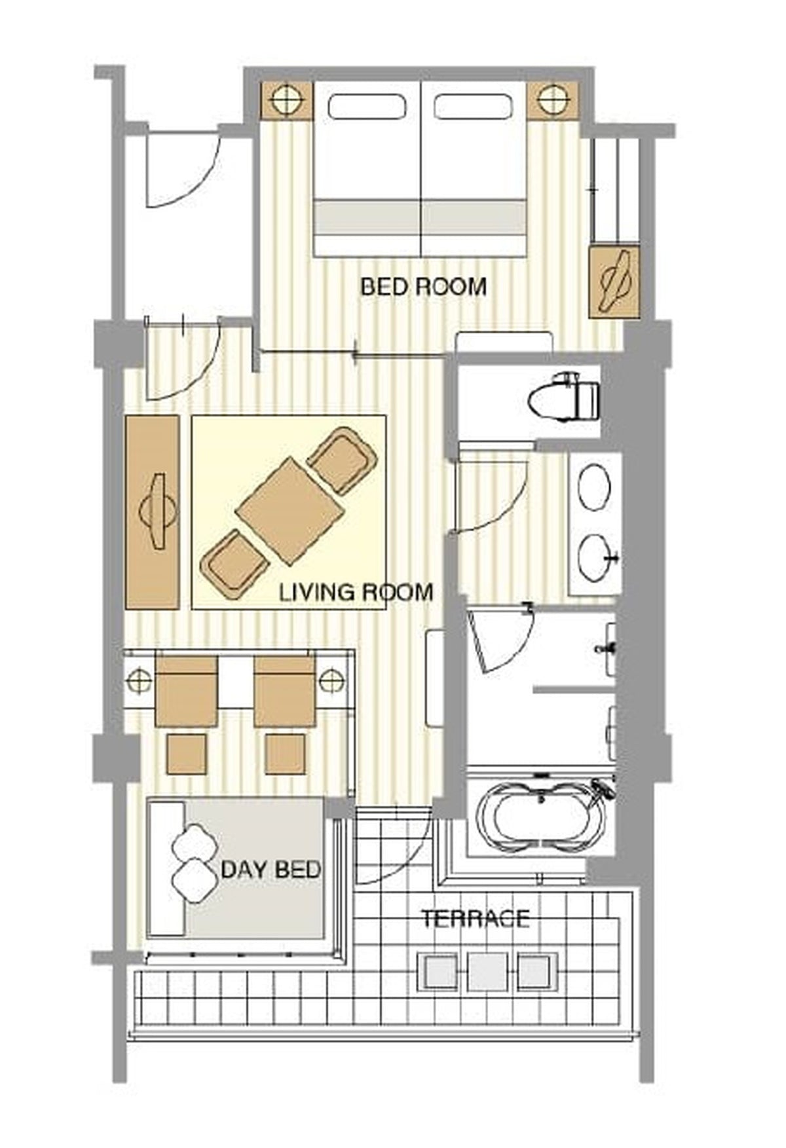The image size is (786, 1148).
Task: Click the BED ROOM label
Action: tap(424, 286)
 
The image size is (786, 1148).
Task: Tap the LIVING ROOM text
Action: tap(356, 592)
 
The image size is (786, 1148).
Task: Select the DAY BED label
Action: tap(271, 870)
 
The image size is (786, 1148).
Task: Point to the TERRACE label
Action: tap(475, 919)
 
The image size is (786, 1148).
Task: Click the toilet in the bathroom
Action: tap(564, 396)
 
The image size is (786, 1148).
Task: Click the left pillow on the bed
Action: tap(367, 106)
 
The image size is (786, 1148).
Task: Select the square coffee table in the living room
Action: tap(289, 511)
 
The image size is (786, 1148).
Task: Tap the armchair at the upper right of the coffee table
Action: tap(342, 460)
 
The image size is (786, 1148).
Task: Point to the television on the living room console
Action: tap(157, 511)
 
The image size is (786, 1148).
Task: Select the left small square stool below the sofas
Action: tap(187, 754)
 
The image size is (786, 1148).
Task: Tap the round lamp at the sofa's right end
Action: tap(332, 680)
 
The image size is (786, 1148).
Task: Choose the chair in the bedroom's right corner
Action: tap(614, 282)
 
